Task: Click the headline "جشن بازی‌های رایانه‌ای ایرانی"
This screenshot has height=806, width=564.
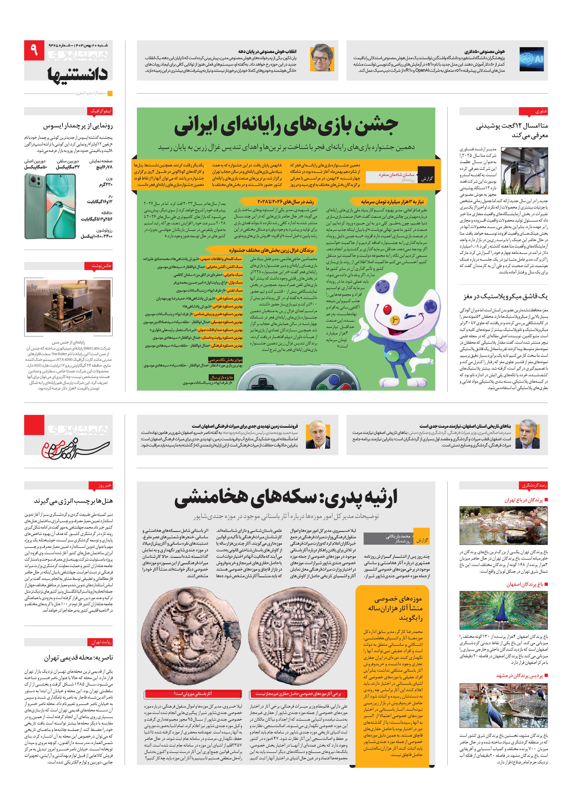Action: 286,126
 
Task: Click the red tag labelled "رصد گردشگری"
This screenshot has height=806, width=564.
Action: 533,485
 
